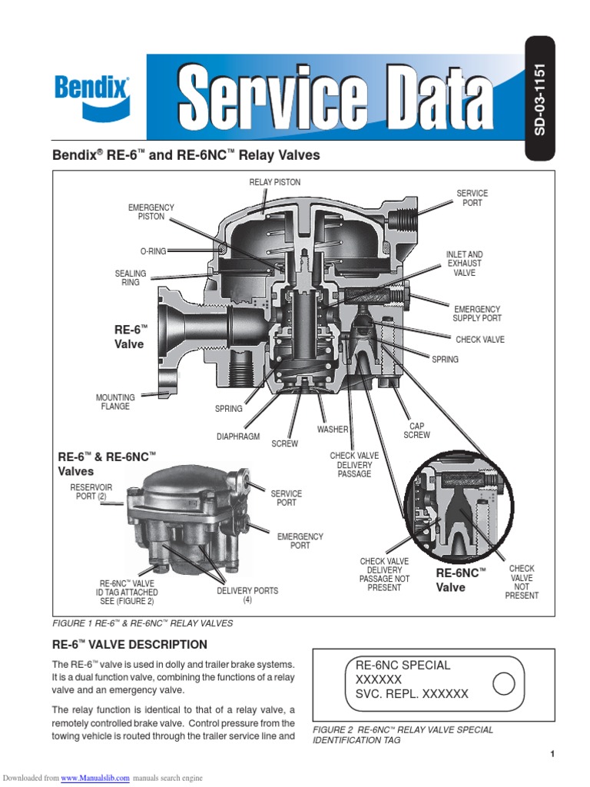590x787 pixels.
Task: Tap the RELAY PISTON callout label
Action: click(x=274, y=182)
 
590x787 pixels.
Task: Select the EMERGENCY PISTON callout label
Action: click(x=151, y=212)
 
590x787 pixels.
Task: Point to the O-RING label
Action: click(x=153, y=251)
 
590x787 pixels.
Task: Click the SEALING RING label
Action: click(x=130, y=277)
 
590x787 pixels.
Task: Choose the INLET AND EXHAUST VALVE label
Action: click(x=464, y=264)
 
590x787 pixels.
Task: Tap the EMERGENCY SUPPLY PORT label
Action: click(x=476, y=314)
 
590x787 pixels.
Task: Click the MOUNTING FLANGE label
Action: click(x=115, y=402)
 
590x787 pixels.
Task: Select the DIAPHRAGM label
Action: click(x=235, y=437)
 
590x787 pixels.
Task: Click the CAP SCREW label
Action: click(x=417, y=430)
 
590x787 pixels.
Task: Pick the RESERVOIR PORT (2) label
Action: click(x=91, y=492)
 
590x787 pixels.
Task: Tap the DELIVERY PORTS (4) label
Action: click(x=247, y=595)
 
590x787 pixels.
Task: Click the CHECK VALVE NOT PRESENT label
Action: click(x=522, y=582)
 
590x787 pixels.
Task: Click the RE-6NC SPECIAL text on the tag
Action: click(x=403, y=666)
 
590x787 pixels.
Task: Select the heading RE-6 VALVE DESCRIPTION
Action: click(x=129, y=644)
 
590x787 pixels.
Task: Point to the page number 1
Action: click(x=552, y=754)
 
